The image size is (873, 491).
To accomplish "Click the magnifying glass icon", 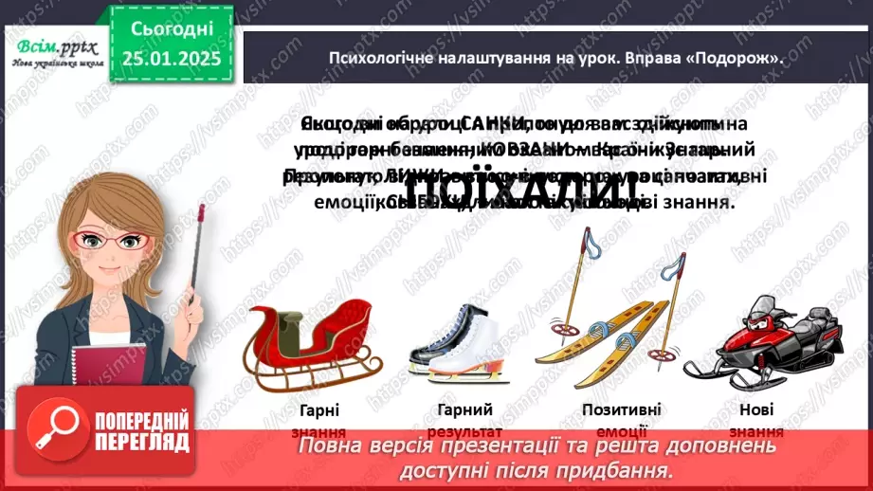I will coord(53,431).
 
